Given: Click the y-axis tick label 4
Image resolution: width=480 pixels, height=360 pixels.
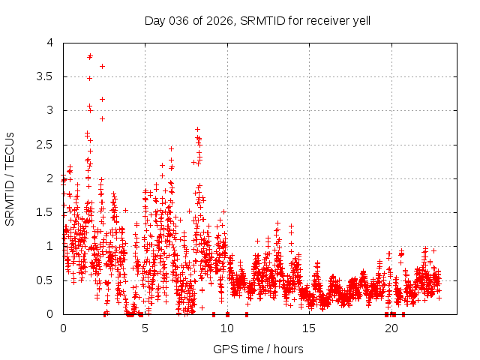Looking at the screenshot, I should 50,43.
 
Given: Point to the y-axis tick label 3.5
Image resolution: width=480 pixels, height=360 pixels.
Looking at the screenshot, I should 46,76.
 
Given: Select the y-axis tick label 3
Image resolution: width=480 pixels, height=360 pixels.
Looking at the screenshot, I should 50,110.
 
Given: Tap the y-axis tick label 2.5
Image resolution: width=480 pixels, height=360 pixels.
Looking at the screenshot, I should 46,144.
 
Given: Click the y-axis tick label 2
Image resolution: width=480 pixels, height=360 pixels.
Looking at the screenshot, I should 50,178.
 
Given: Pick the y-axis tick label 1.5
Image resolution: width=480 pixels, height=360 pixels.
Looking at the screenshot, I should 46,212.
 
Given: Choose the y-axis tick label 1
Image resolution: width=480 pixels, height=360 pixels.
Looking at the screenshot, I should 50,246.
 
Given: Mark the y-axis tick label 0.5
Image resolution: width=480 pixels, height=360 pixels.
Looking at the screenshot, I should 46,280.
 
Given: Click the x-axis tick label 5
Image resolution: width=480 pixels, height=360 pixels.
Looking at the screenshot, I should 145,328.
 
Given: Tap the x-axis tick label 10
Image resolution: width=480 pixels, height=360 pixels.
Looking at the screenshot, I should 227,328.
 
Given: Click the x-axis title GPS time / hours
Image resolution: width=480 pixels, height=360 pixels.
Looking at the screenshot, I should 257,349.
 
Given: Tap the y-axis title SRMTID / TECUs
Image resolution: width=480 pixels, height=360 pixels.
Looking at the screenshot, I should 10,178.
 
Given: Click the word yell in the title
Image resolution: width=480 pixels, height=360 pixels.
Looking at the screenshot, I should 359,20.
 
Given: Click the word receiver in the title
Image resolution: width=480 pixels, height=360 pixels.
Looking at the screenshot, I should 323,20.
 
